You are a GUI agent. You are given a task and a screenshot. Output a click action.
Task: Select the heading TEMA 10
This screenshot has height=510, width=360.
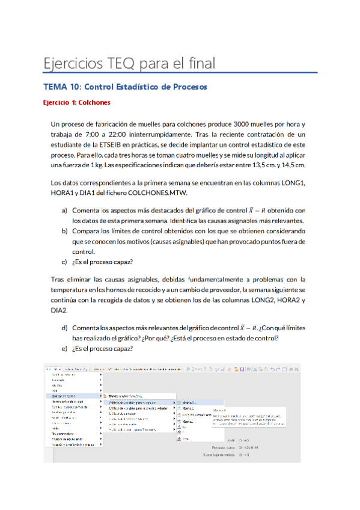click(61, 87)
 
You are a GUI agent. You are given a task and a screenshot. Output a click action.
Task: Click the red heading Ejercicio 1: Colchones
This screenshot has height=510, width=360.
click(76, 103)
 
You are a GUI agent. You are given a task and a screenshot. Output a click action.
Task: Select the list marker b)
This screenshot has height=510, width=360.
click(65, 232)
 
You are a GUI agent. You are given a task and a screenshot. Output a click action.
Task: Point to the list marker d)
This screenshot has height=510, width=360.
click(65, 328)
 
